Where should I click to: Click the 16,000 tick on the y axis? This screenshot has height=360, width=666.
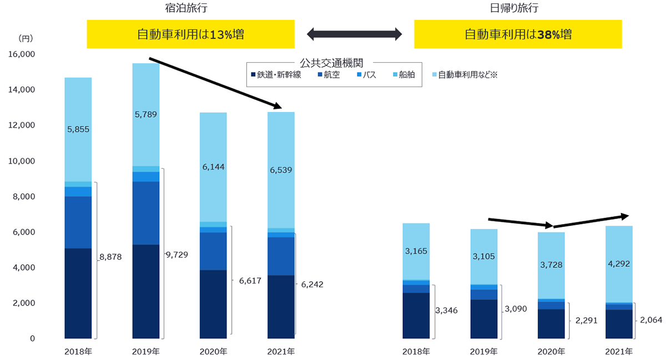(21, 54)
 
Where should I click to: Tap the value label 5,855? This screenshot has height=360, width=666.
(78, 129)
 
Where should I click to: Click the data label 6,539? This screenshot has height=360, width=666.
(281, 170)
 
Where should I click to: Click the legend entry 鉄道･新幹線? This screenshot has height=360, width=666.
(276, 75)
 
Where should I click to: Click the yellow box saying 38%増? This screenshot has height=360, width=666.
(518, 34)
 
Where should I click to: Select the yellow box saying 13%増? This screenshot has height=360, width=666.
(190, 34)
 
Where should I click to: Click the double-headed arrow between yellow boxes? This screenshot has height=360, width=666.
(354, 34)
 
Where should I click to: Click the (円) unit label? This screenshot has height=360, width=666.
(26, 38)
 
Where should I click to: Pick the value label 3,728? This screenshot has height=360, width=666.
(551, 265)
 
